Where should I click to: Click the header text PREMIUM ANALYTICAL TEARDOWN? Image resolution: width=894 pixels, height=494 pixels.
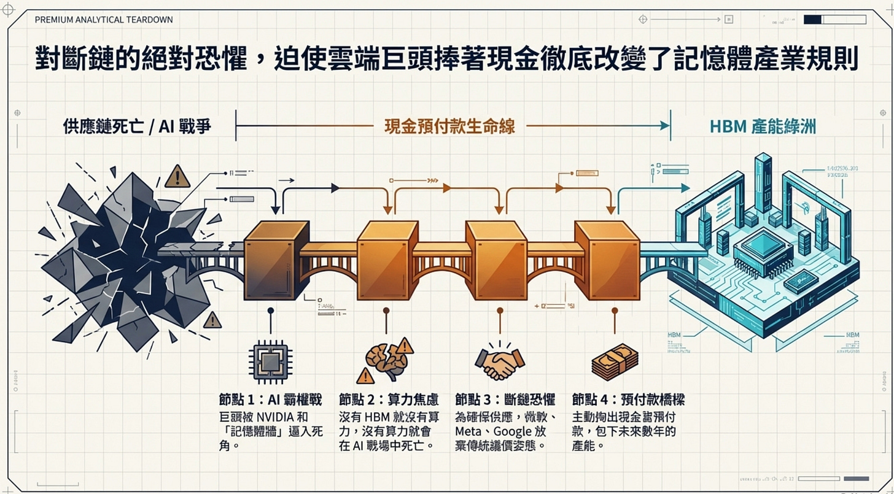click(x=104, y=20)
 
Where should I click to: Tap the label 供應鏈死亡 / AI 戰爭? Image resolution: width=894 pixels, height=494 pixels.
click(x=137, y=126)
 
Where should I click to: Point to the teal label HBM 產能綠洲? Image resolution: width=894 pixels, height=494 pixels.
click(x=763, y=126)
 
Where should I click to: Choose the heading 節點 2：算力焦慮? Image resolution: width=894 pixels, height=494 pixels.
click(x=389, y=399)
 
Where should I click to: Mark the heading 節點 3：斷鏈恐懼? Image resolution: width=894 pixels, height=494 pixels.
click(x=505, y=399)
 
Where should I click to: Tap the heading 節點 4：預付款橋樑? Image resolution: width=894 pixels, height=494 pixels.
click(x=628, y=399)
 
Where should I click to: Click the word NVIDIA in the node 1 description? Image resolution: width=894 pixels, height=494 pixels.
click(x=276, y=415)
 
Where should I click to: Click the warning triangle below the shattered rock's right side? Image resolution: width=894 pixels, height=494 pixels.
click(x=212, y=320)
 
